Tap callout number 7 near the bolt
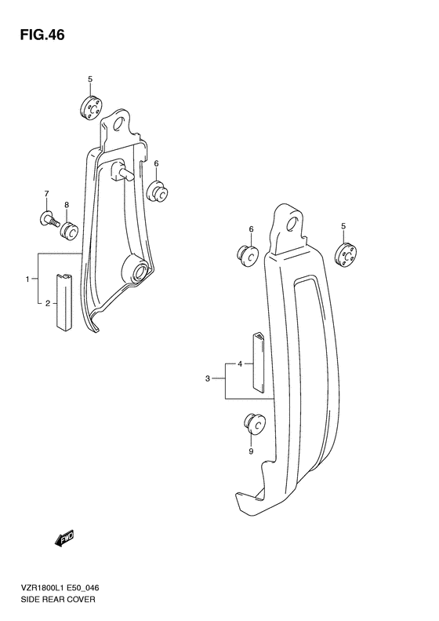click(x=46, y=194)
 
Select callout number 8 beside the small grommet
click(x=67, y=205)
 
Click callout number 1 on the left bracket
click(x=27, y=279)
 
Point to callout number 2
click(x=47, y=303)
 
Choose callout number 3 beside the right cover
click(x=209, y=379)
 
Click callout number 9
click(x=251, y=451)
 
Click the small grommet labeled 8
click(x=70, y=229)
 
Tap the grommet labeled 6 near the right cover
click(x=248, y=254)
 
